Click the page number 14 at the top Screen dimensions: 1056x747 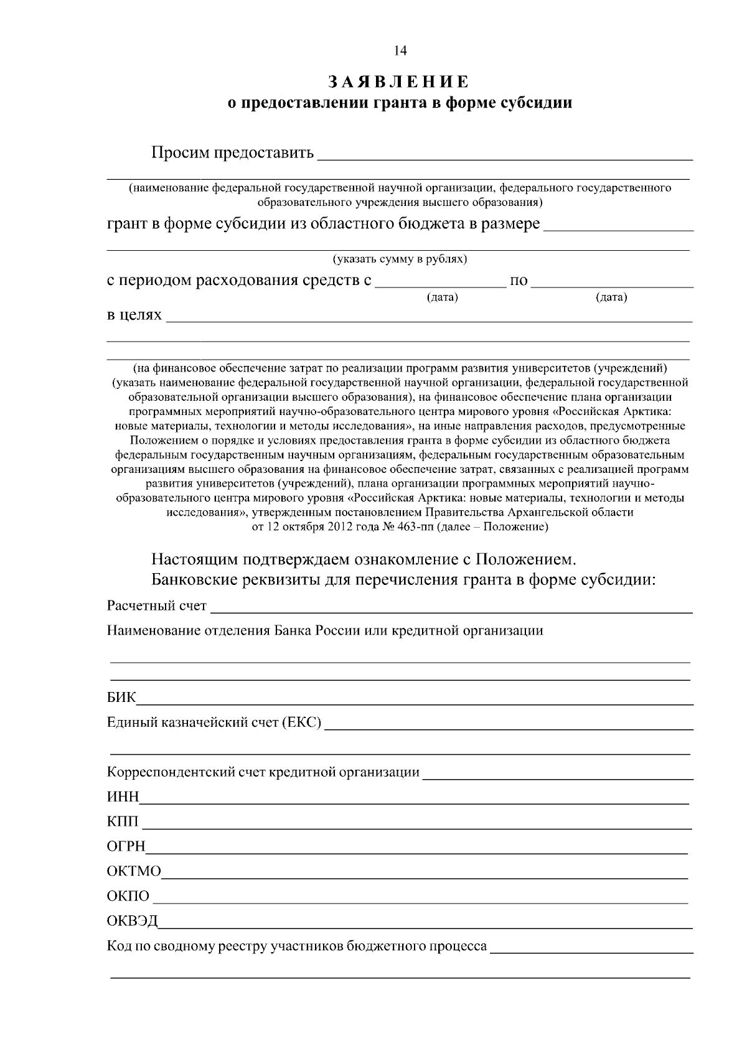point(400,51)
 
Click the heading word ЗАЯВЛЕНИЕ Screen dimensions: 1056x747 point(398,82)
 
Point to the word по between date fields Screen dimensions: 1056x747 point(519,281)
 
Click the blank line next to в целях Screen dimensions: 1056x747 point(430,320)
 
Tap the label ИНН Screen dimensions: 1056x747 point(123,798)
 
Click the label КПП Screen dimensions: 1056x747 point(123,822)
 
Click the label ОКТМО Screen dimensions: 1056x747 point(134,871)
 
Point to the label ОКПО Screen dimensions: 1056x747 point(128,896)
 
